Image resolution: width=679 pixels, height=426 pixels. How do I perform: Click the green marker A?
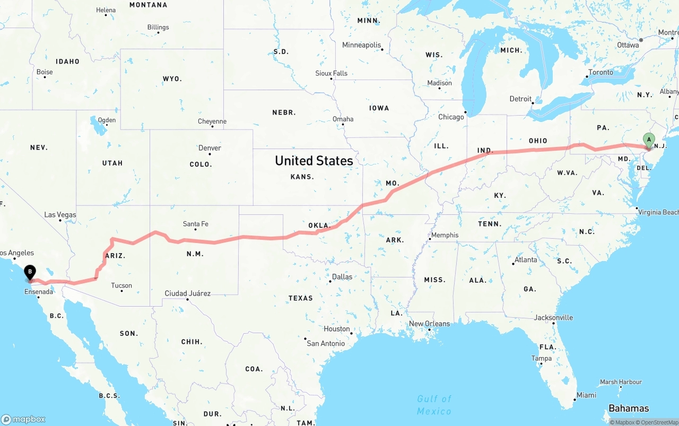648,139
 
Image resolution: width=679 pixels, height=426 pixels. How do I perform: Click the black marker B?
30,272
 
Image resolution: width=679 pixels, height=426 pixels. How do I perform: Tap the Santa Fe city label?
195,224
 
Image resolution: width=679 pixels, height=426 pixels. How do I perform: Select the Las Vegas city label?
60,215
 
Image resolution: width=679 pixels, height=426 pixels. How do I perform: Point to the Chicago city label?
451,117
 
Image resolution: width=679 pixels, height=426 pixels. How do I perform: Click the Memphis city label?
445,235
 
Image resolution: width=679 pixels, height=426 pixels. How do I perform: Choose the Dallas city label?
342,276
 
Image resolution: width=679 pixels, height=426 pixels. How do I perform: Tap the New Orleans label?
429,324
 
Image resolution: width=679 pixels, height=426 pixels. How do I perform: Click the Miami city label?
586,395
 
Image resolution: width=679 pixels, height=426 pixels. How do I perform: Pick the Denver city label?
210,148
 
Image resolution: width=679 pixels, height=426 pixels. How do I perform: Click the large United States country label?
314,161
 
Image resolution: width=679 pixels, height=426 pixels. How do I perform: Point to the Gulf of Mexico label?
434,405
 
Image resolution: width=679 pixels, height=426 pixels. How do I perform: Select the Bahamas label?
629,408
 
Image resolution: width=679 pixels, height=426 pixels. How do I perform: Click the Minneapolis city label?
362,45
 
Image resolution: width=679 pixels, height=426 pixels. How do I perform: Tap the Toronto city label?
600,72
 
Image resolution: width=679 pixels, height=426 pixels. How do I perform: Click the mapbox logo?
23,419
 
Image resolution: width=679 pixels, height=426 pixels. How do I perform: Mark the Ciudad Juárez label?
187,293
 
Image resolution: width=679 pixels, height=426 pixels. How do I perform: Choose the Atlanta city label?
525,260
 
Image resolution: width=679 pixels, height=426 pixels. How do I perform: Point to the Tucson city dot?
121,291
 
